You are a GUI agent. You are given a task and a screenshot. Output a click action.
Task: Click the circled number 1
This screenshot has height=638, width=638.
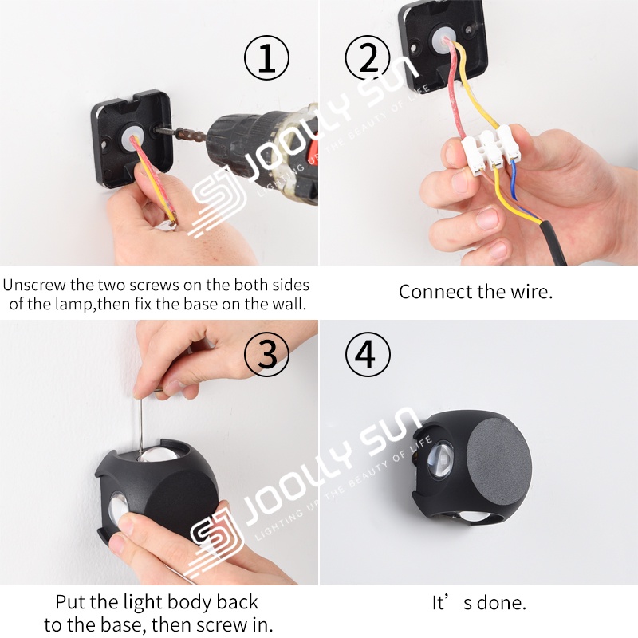point(266,57)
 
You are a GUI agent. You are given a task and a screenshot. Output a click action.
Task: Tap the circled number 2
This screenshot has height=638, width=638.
point(368,57)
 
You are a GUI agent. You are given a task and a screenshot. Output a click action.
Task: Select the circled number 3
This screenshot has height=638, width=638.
point(266,354)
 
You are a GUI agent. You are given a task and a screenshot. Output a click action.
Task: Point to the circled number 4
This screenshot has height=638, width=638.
point(368,354)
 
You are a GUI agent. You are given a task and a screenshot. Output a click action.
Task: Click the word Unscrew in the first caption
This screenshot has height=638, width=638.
point(34,285)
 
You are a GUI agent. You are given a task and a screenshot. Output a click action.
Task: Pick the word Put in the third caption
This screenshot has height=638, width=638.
point(70,602)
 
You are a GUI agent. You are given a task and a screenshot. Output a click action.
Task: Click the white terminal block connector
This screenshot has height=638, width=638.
point(491,150)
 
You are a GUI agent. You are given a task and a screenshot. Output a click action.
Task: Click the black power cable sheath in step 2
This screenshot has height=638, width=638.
point(553,242)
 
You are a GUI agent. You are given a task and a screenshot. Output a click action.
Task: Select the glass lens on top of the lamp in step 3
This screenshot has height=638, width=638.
point(159,453)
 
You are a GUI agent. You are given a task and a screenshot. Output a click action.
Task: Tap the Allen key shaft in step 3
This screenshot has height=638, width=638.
point(140,424)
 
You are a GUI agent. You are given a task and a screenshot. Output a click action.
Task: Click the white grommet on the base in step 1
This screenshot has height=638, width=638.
point(131,136)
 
